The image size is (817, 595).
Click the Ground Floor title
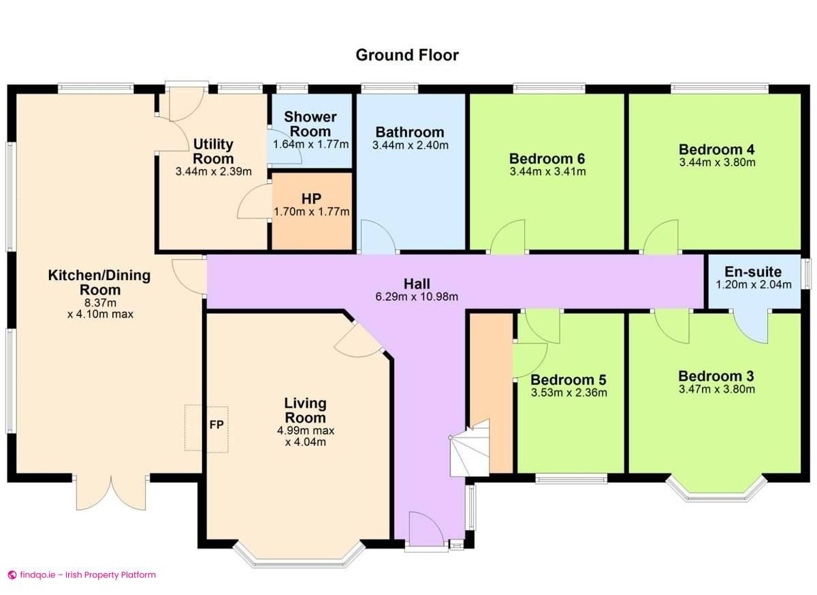click(407, 55)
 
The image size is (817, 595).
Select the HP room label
click(311, 199)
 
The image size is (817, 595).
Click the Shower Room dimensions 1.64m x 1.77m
click(310, 144)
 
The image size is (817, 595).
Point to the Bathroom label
click(410, 132)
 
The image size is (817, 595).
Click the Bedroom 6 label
click(547, 159)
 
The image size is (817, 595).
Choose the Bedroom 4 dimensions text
click(717, 163)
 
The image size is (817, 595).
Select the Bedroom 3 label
click(716, 376)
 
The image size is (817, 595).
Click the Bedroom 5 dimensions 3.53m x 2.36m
click(568, 393)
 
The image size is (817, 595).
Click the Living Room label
click(305, 410)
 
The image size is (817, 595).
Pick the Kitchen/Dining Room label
click(99, 282)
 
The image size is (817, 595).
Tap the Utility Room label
click(213, 151)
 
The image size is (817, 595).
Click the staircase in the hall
click(470, 450)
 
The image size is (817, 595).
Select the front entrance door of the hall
click(426, 530)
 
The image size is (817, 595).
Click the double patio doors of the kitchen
click(110, 492)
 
